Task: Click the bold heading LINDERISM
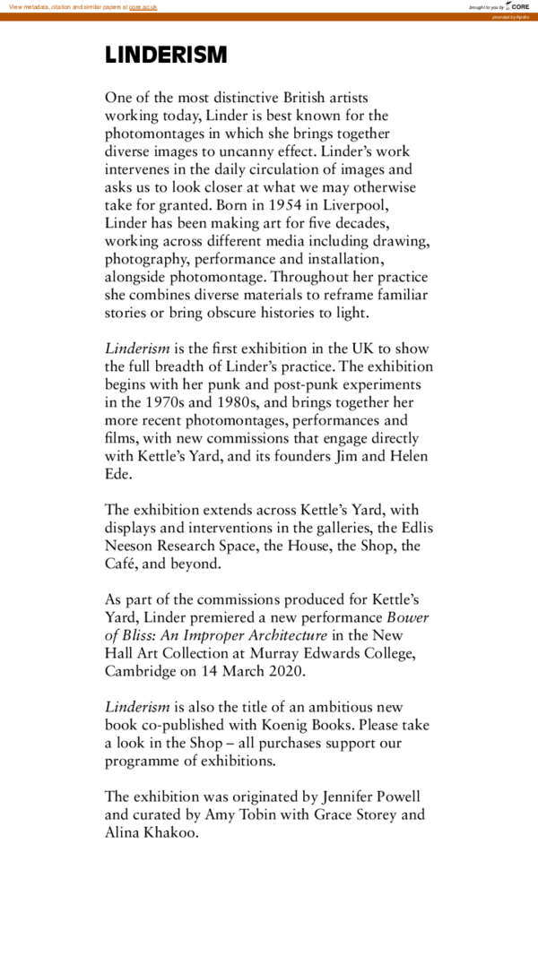tap(166, 55)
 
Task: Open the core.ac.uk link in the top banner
tap(143, 6)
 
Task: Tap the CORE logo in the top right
tap(518, 6)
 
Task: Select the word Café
tap(124, 564)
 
